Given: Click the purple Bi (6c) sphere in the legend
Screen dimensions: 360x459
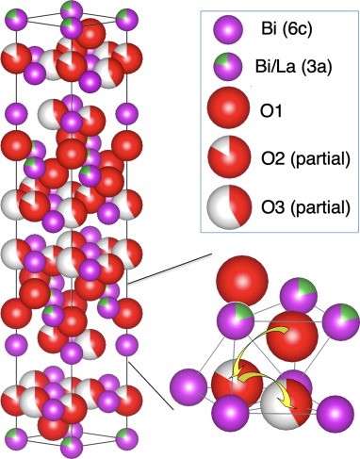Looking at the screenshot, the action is (228, 29).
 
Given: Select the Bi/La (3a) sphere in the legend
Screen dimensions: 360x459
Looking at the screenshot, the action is (228, 67).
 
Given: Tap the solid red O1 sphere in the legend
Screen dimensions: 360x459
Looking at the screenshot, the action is (228, 107).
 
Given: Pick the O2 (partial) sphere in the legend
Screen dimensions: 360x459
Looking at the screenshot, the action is (229, 156).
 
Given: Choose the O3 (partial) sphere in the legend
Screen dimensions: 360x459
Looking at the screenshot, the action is (229, 207).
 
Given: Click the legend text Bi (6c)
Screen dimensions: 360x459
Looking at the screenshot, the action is (286, 29).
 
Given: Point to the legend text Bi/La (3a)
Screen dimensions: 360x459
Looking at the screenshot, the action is (293, 67).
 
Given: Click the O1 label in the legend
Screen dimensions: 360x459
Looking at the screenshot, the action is (270, 111).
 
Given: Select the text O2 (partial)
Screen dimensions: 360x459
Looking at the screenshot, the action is (305, 159).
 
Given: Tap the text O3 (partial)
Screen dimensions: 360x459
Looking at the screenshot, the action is (305, 207).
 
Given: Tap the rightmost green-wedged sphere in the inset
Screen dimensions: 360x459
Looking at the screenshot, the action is (341, 322).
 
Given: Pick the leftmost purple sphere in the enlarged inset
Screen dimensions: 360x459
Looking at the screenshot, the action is (188, 387).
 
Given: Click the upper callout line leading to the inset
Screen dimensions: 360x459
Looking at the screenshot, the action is (170, 268).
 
